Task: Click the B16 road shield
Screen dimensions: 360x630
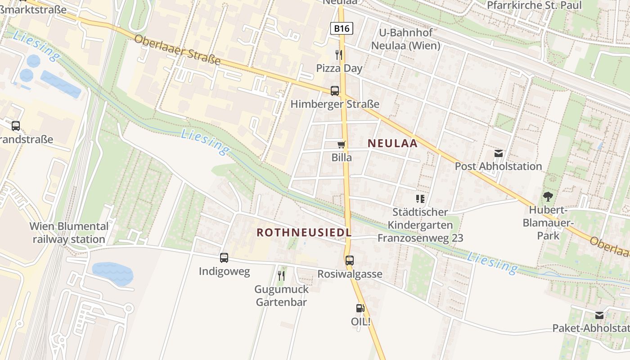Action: click(342, 29)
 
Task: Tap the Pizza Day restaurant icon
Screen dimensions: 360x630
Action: click(339, 55)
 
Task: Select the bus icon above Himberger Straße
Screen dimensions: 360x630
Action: click(335, 91)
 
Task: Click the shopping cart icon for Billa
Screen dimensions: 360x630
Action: click(342, 144)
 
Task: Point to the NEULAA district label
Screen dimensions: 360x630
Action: click(392, 144)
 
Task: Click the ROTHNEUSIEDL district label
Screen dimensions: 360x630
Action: click(304, 232)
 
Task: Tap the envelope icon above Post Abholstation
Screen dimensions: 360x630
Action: click(499, 153)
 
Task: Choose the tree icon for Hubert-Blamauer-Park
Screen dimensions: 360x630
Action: click(548, 197)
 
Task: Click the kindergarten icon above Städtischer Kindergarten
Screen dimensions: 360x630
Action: click(420, 198)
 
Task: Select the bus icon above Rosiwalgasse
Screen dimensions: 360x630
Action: click(350, 261)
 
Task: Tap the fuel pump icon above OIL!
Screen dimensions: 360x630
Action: click(360, 308)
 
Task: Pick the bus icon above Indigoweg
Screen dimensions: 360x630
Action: click(224, 258)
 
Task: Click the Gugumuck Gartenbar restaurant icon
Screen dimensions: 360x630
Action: click(281, 275)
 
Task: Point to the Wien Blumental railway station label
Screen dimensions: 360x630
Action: click(69, 233)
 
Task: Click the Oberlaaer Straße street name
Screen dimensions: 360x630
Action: click(177, 49)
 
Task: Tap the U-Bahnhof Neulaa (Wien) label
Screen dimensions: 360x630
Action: click(405, 39)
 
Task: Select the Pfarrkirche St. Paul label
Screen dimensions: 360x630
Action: click(534, 5)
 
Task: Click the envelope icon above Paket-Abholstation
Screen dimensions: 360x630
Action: click(599, 315)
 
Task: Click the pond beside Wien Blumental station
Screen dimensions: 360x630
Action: click(112, 274)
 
